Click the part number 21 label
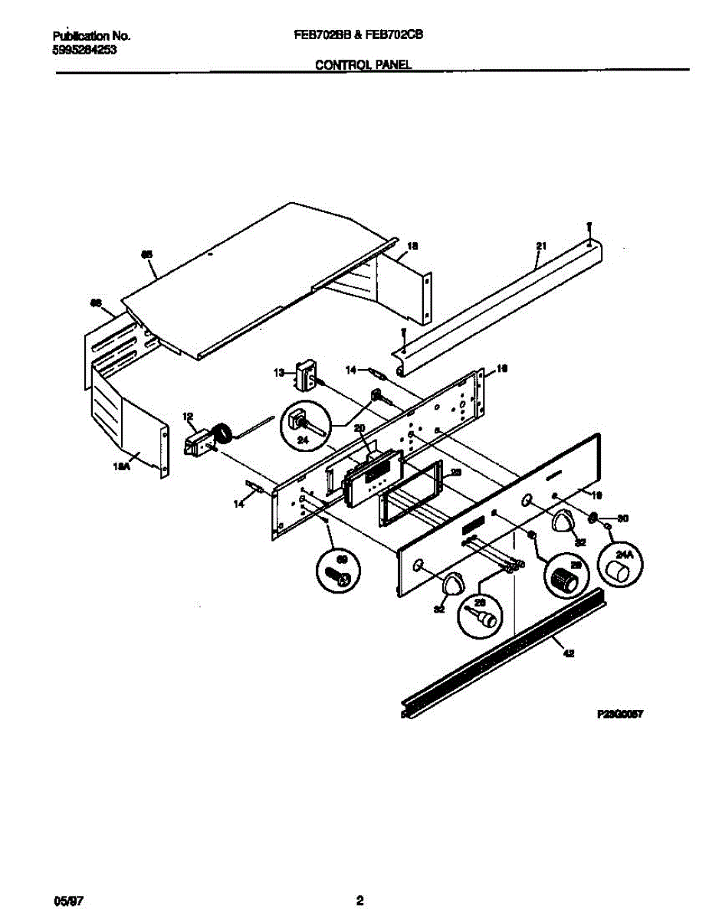point(541,246)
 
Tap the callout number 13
point(279,372)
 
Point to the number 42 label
point(568,653)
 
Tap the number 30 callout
point(622,518)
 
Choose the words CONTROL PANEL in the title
point(363,66)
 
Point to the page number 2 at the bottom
point(359,900)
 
